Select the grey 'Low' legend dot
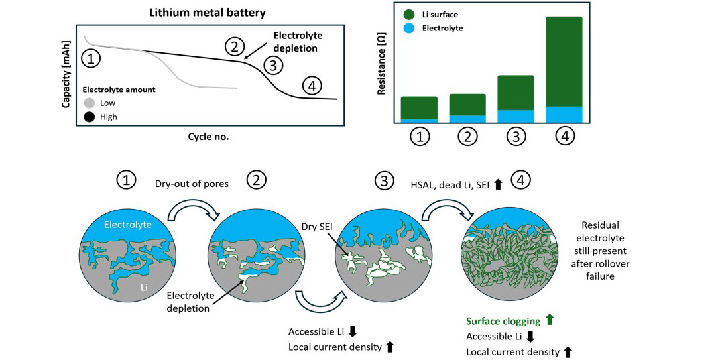click(x=90, y=103)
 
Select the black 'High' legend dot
click(x=90, y=117)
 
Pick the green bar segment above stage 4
click(x=564, y=61)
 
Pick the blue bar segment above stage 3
click(x=516, y=116)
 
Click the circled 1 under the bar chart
click(x=420, y=136)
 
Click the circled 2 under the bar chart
click(x=467, y=136)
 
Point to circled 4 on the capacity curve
click(x=312, y=85)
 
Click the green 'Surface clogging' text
click(x=503, y=321)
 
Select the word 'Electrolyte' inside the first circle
click(x=129, y=225)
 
